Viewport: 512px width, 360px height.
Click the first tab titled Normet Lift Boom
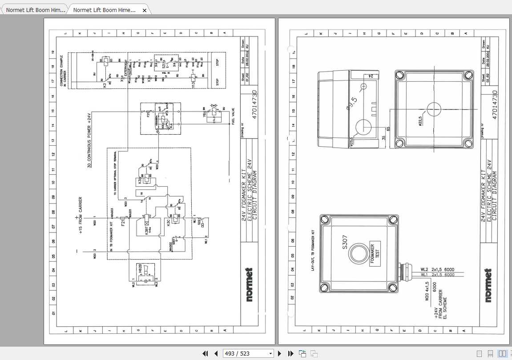pyautogui.click(x=35, y=10)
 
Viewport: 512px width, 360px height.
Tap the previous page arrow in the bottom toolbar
pyautogui.click(x=216, y=354)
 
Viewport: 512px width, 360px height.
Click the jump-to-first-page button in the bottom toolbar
pyautogui.click(x=205, y=354)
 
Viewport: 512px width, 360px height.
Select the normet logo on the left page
pyautogui.click(x=249, y=285)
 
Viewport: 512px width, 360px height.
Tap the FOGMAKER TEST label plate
pyautogui.click(x=375, y=253)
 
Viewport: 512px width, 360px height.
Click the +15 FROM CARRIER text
pyautogui.click(x=80, y=216)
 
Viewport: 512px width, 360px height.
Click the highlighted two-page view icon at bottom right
pyautogui.click(x=502, y=354)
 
